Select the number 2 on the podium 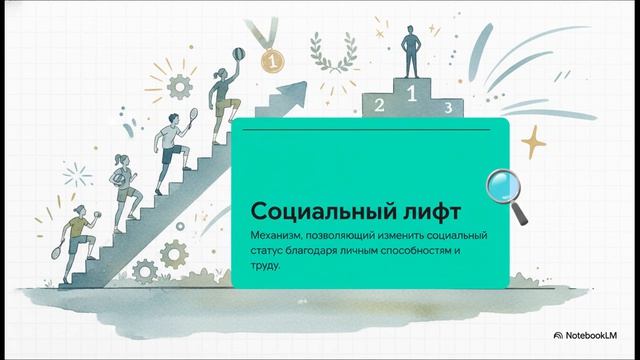(378, 104)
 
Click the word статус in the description (272, 251)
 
